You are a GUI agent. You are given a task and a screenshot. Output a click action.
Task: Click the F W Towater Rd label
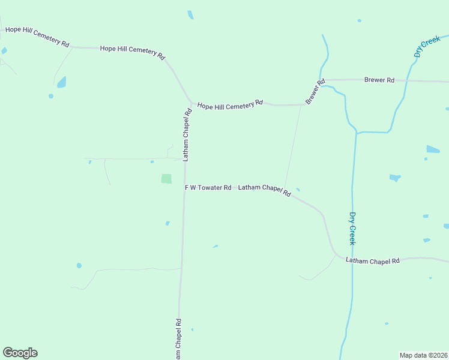(x=208, y=188)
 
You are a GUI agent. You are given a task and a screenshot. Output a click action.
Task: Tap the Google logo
(x=20, y=353)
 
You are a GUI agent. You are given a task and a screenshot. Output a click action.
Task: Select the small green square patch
(x=166, y=179)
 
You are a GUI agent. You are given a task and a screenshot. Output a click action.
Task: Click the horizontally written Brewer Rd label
(x=379, y=80)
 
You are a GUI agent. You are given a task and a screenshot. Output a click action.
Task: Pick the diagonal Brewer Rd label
(x=315, y=91)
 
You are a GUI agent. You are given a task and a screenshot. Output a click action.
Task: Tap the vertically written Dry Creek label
(x=352, y=228)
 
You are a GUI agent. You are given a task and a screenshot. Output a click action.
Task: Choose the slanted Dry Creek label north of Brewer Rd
(x=427, y=47)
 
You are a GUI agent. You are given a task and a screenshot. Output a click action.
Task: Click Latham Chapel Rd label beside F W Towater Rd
(x=265, y=190)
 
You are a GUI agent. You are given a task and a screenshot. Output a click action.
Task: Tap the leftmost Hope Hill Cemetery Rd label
(x=37, y=37)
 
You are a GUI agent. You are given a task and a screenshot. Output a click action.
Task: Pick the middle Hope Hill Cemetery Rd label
(x=133, y=52)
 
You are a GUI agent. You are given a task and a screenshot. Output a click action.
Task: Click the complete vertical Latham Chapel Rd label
(x=187, y=134)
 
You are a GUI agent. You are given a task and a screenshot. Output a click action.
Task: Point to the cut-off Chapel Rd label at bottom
(x=178, y=340)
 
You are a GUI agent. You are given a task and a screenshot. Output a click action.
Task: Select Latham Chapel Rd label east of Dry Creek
(x=373, y=261)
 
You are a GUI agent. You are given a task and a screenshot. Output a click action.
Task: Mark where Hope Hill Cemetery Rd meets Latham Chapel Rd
(x=191, y=104)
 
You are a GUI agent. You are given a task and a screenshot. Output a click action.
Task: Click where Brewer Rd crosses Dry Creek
(x=408, y=80)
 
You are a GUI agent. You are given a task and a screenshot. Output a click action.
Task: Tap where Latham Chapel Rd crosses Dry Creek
(x=352, y=260)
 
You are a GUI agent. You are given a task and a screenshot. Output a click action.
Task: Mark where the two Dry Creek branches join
(x=357, y=133)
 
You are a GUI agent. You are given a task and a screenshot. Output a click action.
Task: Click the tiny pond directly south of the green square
(x=167, y=223)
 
